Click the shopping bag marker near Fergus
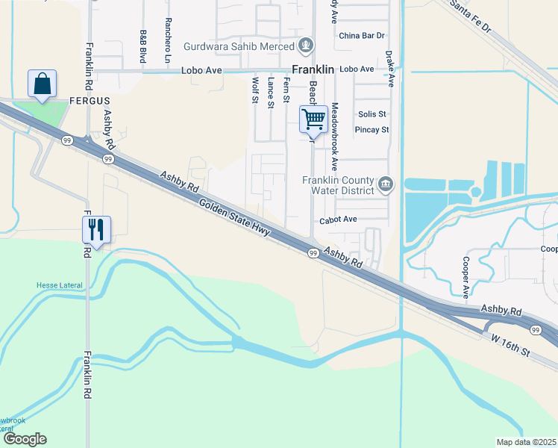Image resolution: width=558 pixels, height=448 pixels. (43, 84)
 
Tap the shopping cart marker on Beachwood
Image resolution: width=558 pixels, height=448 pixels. (314, 119)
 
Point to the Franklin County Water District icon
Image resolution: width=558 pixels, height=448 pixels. (386, 184)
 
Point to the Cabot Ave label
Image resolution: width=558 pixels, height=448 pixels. (339, 220)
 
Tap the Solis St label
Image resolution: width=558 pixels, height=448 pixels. (372, 114)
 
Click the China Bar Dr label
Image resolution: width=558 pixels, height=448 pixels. (361, 35)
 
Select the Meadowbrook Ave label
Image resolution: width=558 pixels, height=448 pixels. (335, 136)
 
